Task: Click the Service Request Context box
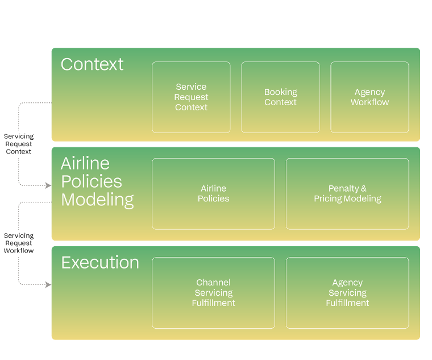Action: click(191, 97)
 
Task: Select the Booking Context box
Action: click(280, 97)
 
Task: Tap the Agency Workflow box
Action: click(369, 97)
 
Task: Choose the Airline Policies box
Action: click(213, 193)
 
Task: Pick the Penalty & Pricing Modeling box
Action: click(347, 193)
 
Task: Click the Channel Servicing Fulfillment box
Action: click(213, 292)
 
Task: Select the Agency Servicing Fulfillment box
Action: click(347, 292)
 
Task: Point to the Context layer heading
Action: click(92, 64)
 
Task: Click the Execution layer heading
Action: click(100, 263)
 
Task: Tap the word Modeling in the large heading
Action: click(98, 200)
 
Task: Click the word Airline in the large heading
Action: click(85, 163)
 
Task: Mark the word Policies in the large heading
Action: click(92, 181)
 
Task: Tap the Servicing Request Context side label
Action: click(19, 144)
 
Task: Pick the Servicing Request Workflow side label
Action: click(19, 242)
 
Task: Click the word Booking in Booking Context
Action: click(280, 92)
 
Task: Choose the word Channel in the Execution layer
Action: click(213, 282)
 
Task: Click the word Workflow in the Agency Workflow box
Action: click(369, 102)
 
